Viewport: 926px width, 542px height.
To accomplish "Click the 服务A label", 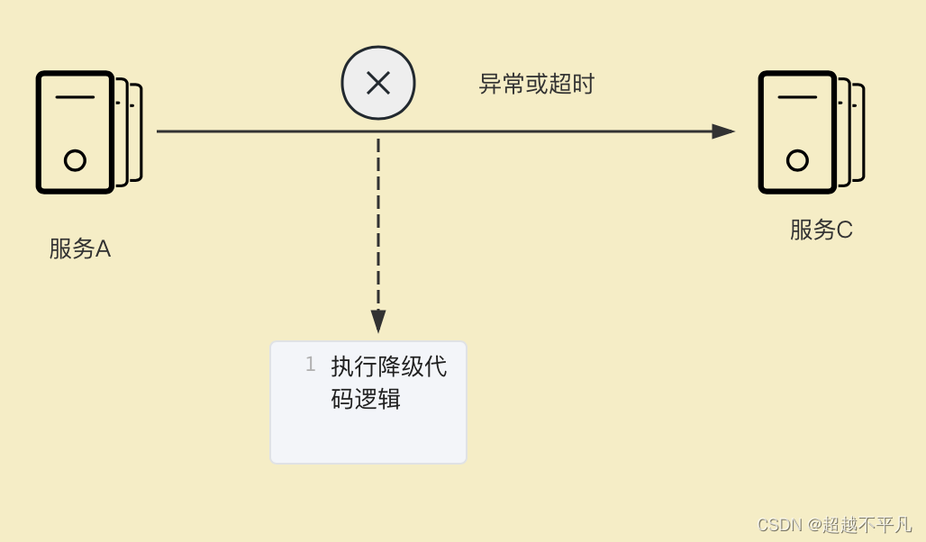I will point(79,249).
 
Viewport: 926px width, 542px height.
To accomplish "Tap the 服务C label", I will point(821,230).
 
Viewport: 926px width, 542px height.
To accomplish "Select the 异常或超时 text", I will point(536,85).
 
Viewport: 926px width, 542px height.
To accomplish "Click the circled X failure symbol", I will point(378,84).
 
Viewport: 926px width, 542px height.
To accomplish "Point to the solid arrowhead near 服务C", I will point(723,131).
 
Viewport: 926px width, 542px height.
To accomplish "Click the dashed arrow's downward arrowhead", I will point(378,321).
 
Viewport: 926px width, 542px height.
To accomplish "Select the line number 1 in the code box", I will point(310,365).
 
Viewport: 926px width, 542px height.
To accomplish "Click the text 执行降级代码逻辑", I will point(388,383).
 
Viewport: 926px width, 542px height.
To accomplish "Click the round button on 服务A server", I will point(76,161).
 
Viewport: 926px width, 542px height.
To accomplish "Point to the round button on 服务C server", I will point(797,161).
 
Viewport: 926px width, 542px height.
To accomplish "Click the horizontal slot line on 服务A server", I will point(75,96).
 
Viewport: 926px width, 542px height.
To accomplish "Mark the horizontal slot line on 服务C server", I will point(797,96).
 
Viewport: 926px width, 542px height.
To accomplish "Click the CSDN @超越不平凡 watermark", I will point(834,524).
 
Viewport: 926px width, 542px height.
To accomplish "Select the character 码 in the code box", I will point(342,399).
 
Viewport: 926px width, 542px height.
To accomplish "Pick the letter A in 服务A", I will point(103,249).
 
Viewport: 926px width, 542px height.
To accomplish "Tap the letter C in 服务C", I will point(844,230).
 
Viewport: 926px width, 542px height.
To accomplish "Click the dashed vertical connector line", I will point(378,225).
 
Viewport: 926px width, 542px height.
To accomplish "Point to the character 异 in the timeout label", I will point(489,85).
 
